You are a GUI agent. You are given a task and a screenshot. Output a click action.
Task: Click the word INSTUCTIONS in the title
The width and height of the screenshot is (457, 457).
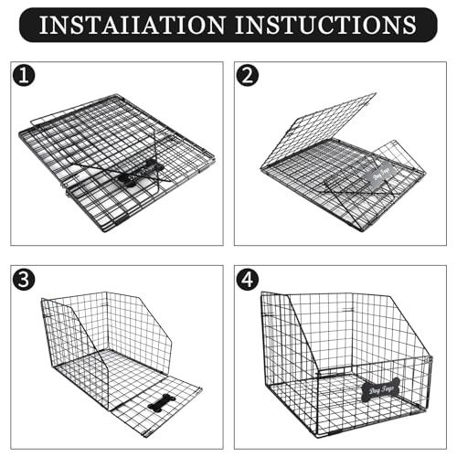(x=331, y=25)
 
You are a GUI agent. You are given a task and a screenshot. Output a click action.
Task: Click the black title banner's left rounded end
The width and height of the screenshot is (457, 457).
(x=27, y=25)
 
